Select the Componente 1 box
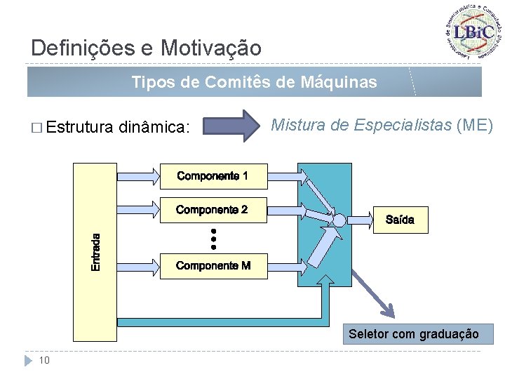[213, 175]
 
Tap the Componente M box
[213, 265]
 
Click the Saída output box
[400, 220]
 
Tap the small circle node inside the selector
[339, 220]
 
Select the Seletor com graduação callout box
[414, 334]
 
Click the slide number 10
[44, 360]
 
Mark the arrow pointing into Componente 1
[138, 175]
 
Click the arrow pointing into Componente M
[138, 265]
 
